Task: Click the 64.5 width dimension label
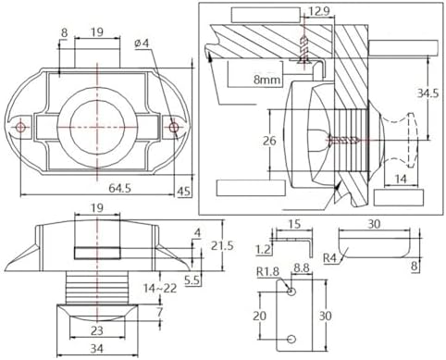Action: click(119, 188)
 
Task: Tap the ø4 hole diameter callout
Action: click(142, 43)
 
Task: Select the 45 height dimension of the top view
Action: click(184, 192)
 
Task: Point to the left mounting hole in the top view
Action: click(20, 127)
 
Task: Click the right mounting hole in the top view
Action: click(174, 127)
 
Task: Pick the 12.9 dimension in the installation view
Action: click(319, 11)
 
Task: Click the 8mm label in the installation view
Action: click(267, 80)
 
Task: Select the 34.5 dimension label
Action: click(427, 93)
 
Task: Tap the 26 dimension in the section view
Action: click(269, 141)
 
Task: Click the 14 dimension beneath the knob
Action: click(401, 179)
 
